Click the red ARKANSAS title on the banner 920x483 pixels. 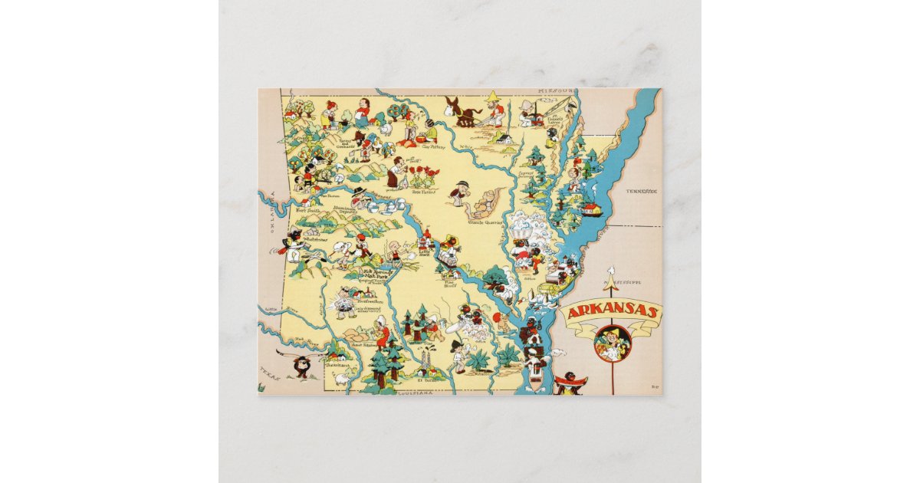tap(611, 311)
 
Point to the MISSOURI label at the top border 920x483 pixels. tap(556, 90)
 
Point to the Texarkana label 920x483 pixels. tap(335, 366)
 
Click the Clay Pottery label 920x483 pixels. tap(432, 146)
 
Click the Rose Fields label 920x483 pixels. tap(424, 194)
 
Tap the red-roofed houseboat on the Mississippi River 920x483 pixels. tap(590, 208)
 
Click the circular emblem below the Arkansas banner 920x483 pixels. tap(612, 342)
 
